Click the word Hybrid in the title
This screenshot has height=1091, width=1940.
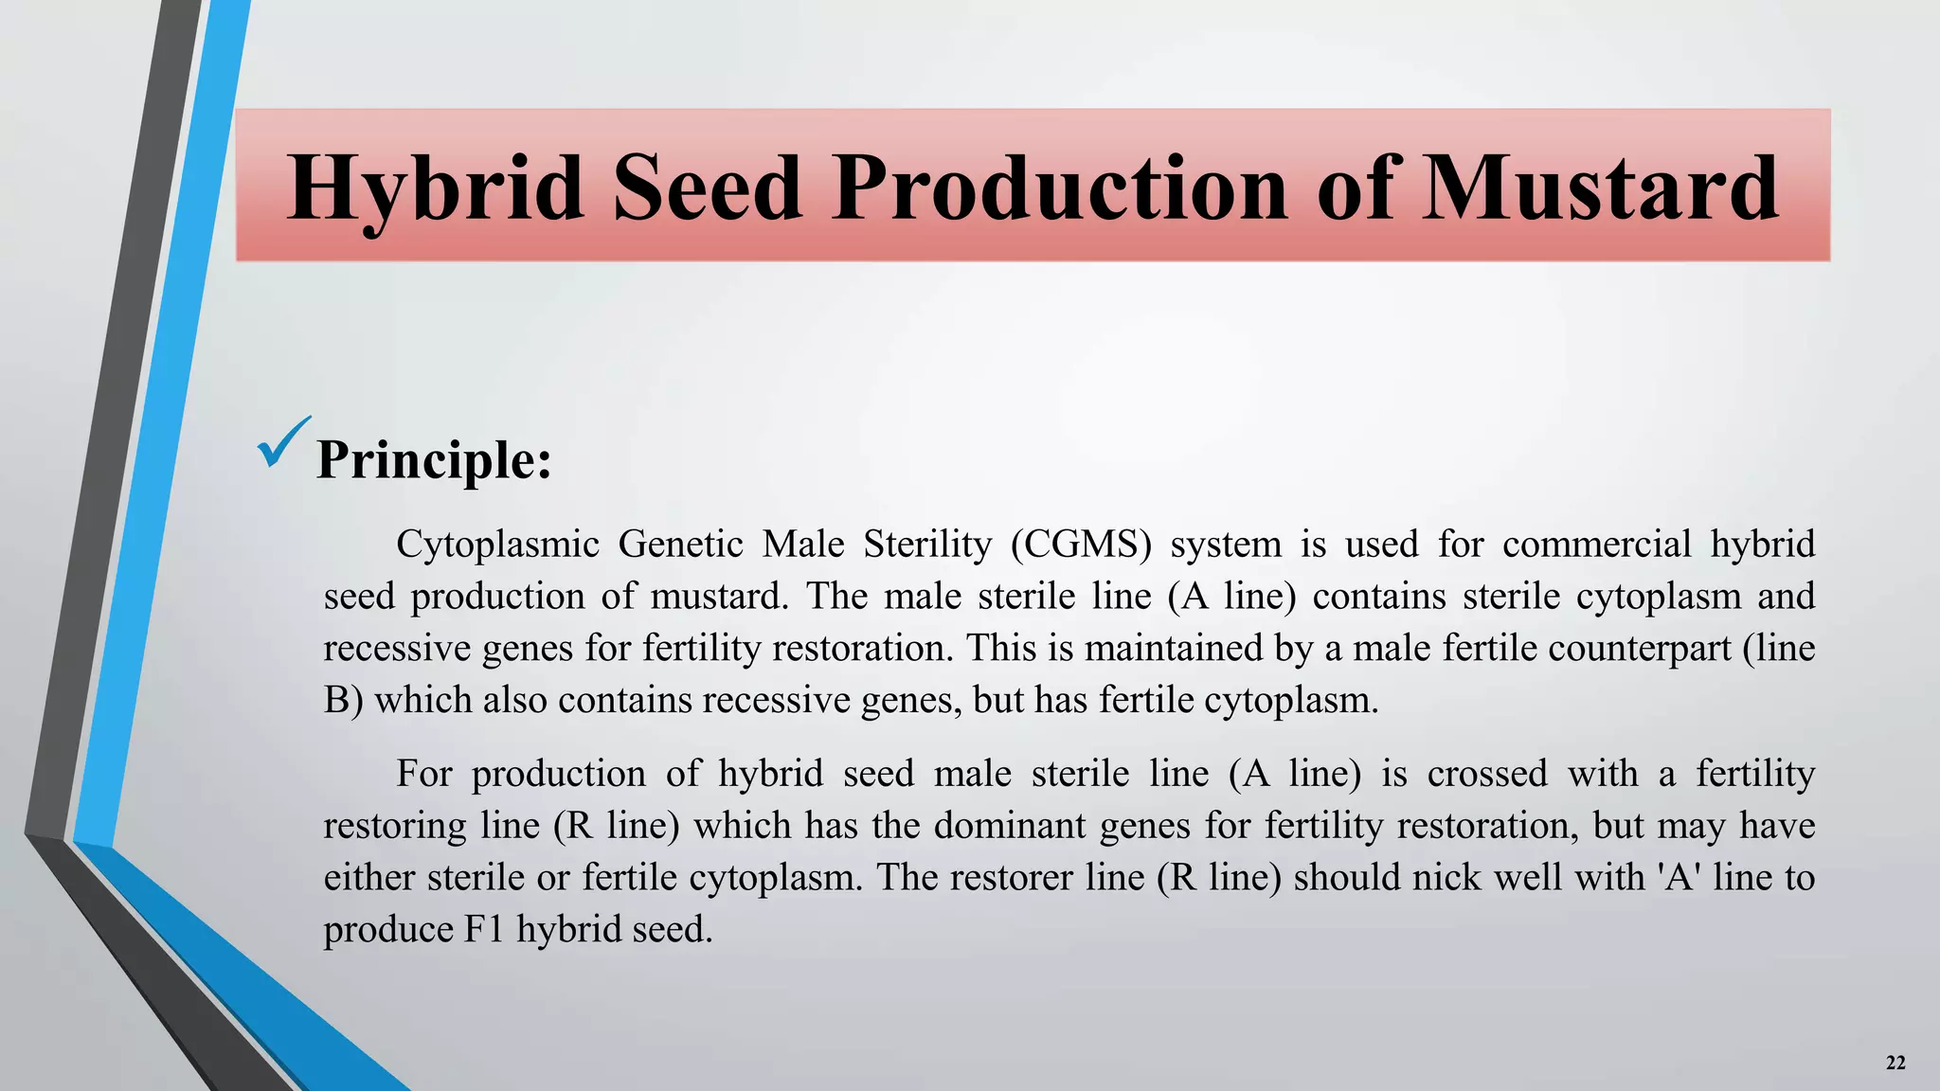pyautogui.click(x=435, y=189)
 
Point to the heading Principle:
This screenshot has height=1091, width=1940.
pyautogui.click(x=434, y=461)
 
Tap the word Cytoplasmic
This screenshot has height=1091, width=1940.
pyautogui.click(x=497, y=545)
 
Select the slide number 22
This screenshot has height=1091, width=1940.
pyautogui.click(x=1895, y=1063)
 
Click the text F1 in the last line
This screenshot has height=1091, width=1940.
pyautogui.click(x=484, y=929)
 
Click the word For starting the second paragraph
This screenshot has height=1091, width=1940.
pyautogui.click(x=423, y=774)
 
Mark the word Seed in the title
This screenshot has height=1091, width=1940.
pyautogui.click(x=708, y=189)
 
